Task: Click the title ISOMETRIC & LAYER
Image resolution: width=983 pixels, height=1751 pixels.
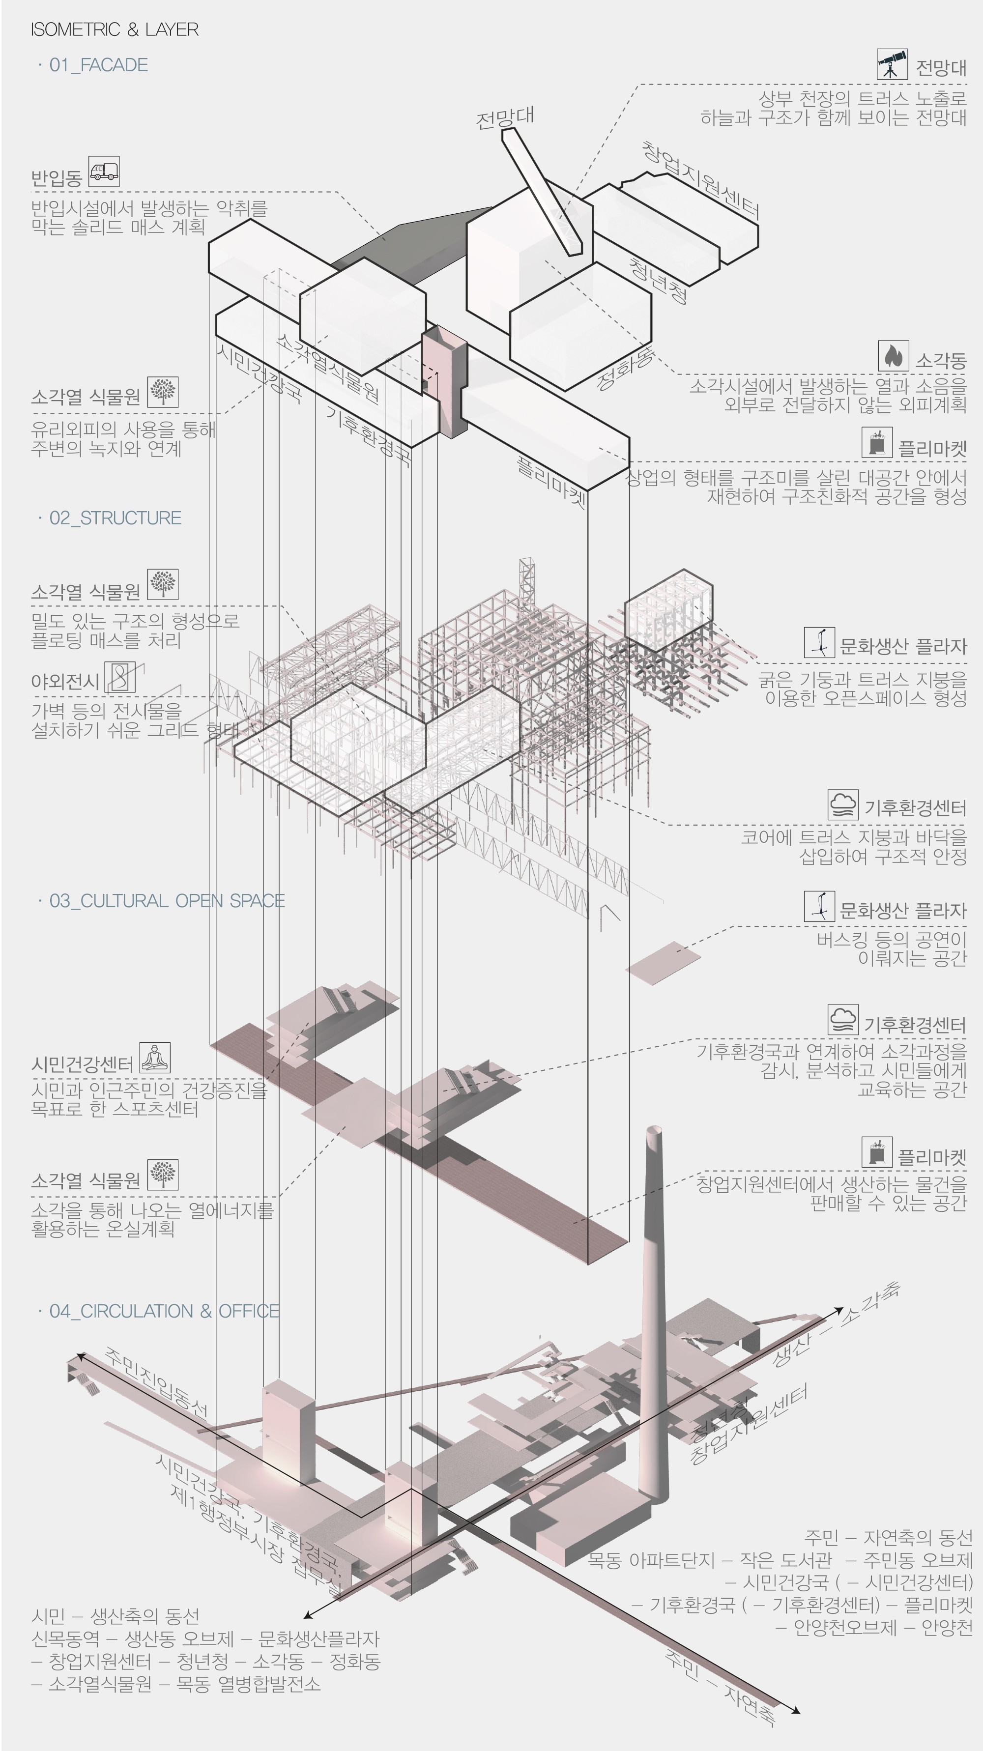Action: pyautogui.click(x=114, y=29)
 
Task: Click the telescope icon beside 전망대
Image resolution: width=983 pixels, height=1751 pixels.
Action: pyautogui.click(x=892, y=64)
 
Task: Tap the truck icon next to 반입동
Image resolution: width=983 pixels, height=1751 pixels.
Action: pyautogui.click(x=104, y=172)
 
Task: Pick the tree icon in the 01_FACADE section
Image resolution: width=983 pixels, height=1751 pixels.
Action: pyautogui.click(x=163, y=392)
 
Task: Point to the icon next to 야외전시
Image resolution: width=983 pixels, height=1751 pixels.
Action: pyautogui.click(x=120, y=677)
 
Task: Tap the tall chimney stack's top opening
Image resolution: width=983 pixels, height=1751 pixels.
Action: pyautogui.click(x=654, y=1130)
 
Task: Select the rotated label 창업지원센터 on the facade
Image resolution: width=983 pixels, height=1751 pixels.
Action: pyautogui.click(x=700, y=180)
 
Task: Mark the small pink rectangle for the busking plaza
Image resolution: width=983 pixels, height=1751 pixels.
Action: pyautogui.click(x=663, y=962)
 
